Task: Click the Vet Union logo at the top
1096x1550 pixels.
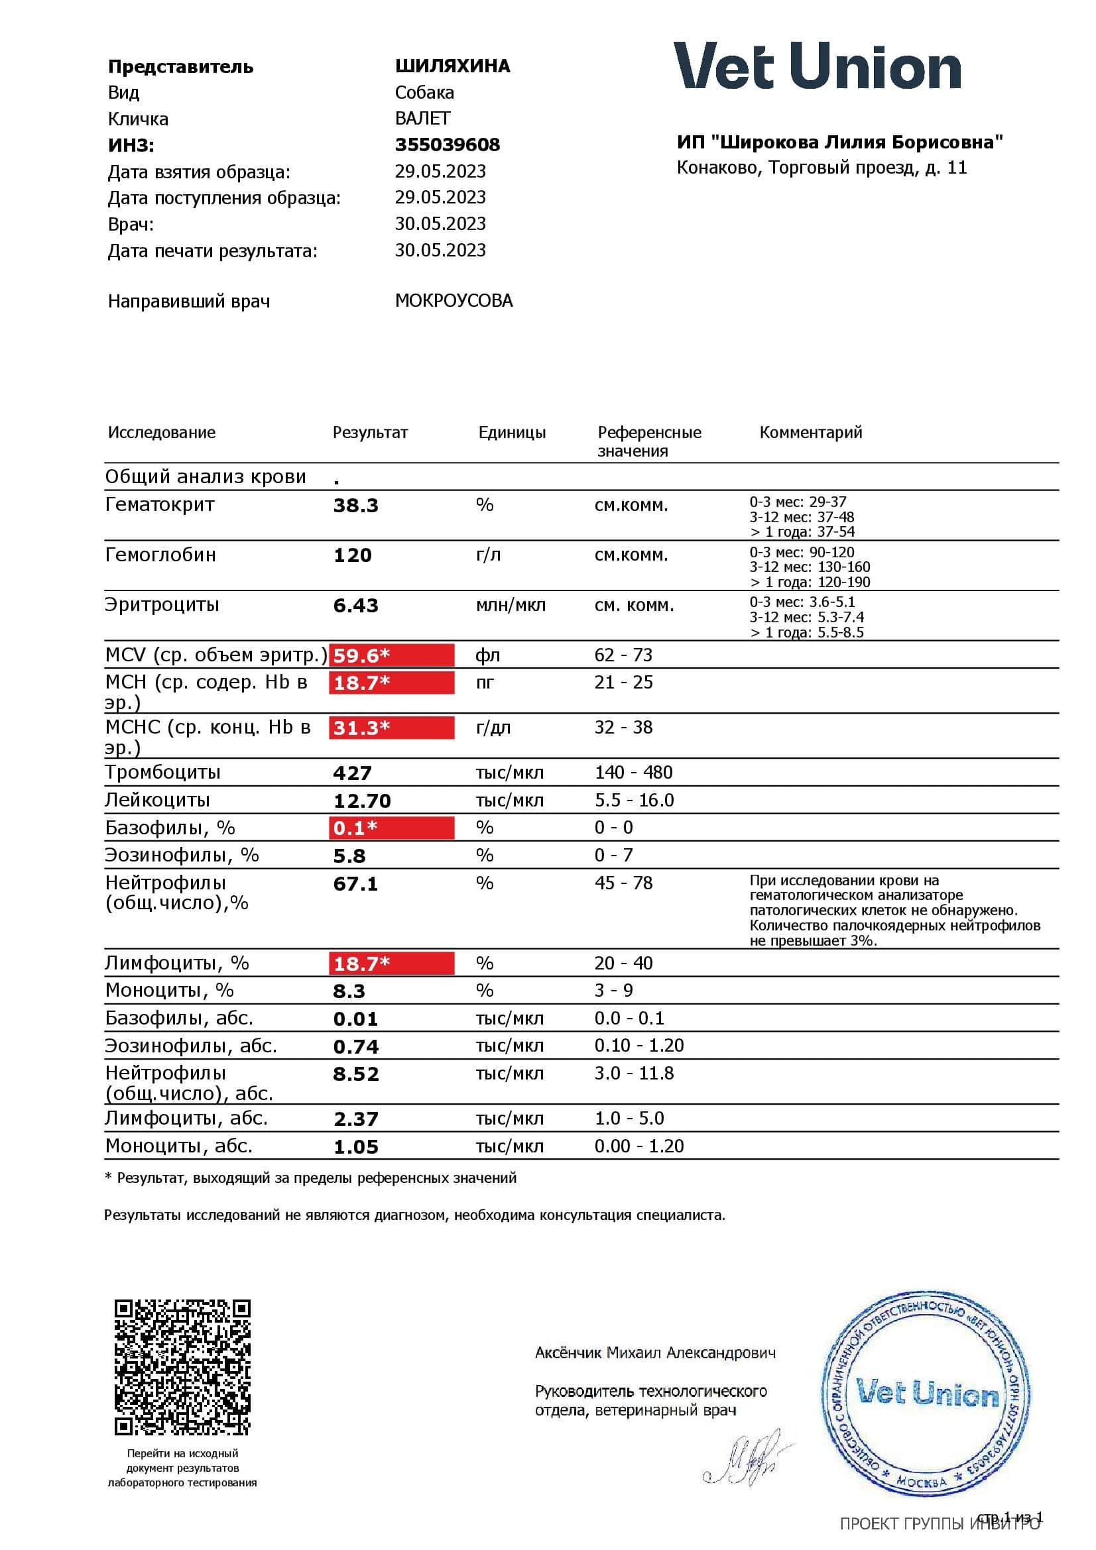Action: click(x=817, y=66)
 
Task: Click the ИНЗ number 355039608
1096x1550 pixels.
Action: click(x=447, y=144)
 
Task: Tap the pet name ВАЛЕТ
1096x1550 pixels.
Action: click(x=422, y=119)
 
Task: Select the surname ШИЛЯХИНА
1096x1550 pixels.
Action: click(x=452, y=66)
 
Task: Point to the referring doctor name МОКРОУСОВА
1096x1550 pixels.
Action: click(x=454, y=300)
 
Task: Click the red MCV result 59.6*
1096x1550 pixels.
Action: click(x=391, y=655)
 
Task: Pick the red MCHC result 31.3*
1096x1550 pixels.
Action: click(x=391, y=728)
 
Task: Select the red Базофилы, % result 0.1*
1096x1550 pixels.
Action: click(x=391, y=828)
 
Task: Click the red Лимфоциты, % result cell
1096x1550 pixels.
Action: click(x=391, y=964)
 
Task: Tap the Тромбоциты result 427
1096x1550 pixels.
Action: click(x=352, y=773)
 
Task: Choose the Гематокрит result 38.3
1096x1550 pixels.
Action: click(x=355, y=506)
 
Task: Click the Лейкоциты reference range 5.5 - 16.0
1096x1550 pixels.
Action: click(x=633, y=800)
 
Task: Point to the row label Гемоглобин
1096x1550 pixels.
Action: click(x=160, y=555)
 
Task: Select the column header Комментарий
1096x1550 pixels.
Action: click(x=810, y=432)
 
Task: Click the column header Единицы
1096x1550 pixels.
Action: click(x=512, y=432)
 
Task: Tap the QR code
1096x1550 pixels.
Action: click(x=182, y=1367)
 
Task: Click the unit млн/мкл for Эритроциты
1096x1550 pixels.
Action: click(x=511, y=606)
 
